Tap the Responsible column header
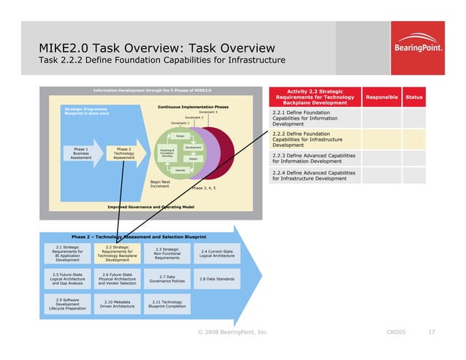[381, 97]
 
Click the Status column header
[414, 97]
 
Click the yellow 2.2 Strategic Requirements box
[117, 253]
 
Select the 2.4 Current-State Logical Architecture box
[216, 253]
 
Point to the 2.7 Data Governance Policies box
[167, 279]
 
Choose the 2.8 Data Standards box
[216, 279]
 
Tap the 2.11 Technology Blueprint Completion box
[167, 304]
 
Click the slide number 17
[432, 332]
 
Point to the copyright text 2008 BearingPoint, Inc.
[233, 332]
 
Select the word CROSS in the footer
[395, 332]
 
